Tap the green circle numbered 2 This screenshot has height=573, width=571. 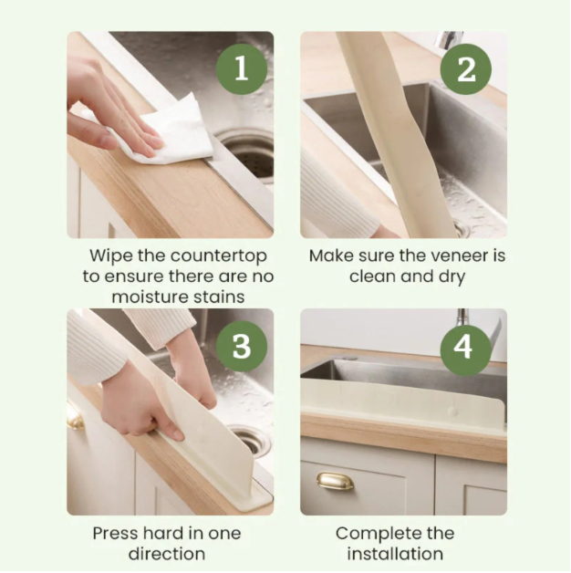pos(466,68)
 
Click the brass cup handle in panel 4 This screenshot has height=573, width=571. pos(335,481)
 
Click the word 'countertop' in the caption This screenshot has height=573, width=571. pos(197,256)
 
